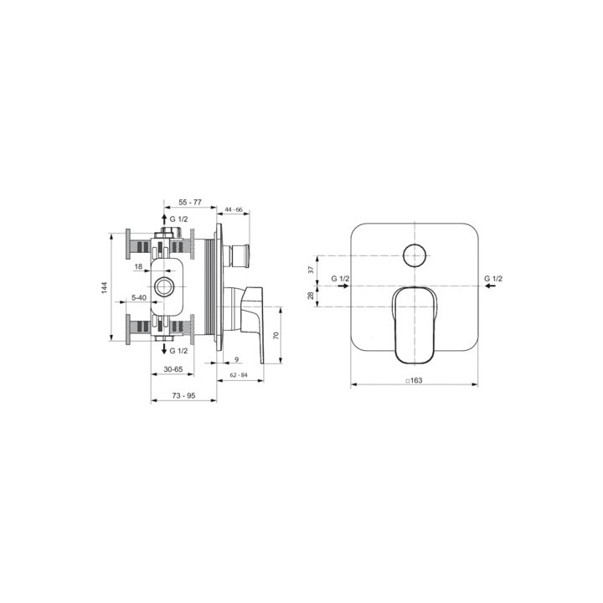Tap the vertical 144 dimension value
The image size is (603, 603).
pos(105,287)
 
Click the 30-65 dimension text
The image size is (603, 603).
pos(174,368)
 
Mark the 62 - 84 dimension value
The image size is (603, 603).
pos(237,374)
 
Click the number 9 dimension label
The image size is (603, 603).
pos(237,359)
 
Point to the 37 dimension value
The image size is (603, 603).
pos(310,270)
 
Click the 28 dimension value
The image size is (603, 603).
pos(310,296)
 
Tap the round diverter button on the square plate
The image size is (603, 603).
pos(414,255)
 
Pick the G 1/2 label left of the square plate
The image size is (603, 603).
pos(339,277)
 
